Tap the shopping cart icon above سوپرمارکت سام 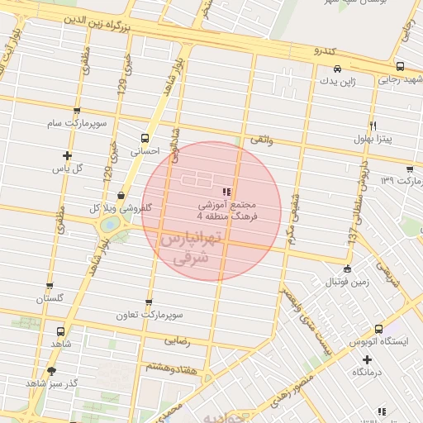(x=77, y=111)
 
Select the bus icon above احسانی (x=145, y=139)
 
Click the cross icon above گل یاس (x=67, y=155)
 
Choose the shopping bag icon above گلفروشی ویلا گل (x=122, y=196)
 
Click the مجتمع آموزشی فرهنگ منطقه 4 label (x=227, y=210)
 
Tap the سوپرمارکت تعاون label (x=149, y=315)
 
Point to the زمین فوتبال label (x=347, y=282)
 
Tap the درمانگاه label (x=368, y=373)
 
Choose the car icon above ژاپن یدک (x=337, y=69)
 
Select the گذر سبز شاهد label (x=51, y=384)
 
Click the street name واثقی (x=261, y=140)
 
